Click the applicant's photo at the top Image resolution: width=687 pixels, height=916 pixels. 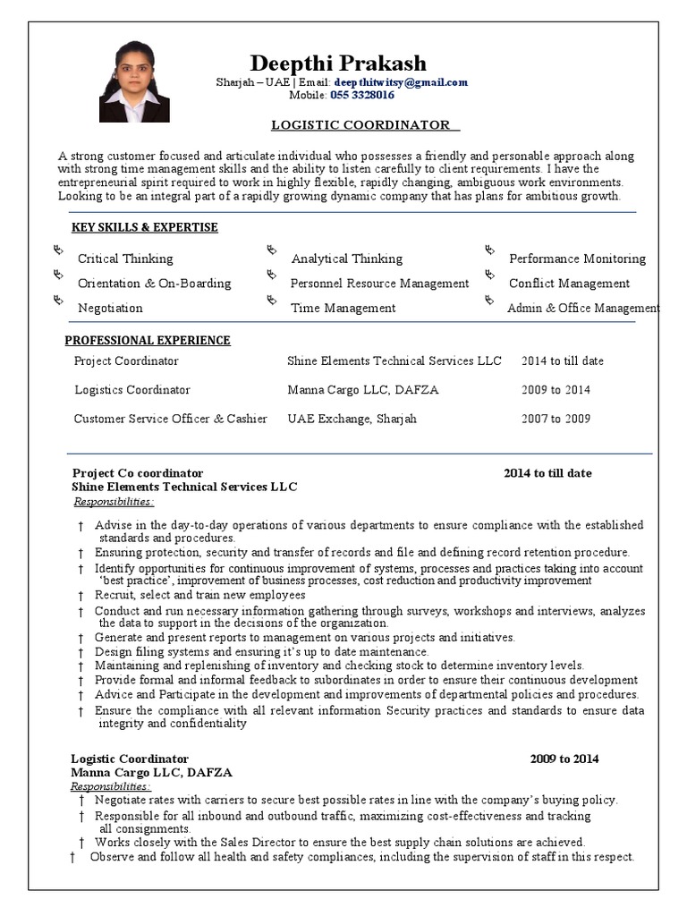134,81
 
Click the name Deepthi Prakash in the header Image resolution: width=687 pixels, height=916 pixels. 338,63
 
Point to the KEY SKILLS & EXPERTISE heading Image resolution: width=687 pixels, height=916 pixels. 145,227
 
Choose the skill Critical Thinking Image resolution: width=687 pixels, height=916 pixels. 125,259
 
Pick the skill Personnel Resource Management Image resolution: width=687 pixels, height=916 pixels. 379,284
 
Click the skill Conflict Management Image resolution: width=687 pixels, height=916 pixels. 569,284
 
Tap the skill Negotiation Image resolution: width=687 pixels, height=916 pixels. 110,308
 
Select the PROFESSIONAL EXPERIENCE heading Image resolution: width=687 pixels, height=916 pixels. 148,340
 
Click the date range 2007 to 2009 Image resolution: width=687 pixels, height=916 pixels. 556,419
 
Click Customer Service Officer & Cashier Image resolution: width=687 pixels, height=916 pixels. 170,419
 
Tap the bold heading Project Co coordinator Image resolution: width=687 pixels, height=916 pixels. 138,473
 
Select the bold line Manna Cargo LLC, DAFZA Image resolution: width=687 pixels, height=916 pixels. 151,772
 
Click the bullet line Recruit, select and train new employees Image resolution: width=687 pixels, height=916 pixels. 200,595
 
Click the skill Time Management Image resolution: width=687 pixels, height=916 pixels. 343,308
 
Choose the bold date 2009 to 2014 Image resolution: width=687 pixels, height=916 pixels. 564,759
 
